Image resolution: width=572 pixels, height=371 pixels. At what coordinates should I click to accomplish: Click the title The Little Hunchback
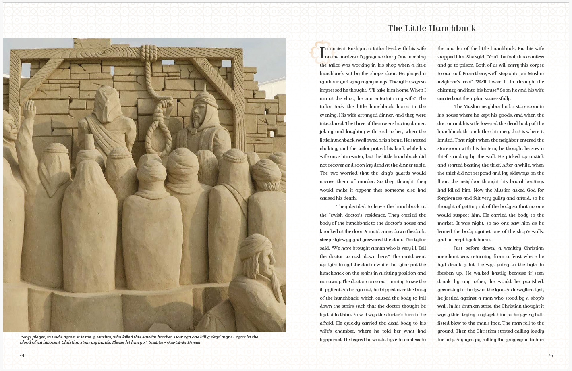pyautogui.click(x=431, y=28)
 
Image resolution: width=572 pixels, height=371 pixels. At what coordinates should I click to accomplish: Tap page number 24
pyautogui.click(x=22, y=355)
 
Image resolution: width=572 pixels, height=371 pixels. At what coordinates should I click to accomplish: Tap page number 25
pyautogui.click(x=550, y=355)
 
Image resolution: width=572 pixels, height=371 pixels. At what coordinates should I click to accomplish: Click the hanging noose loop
pyautogui.click(x=158, y=129)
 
